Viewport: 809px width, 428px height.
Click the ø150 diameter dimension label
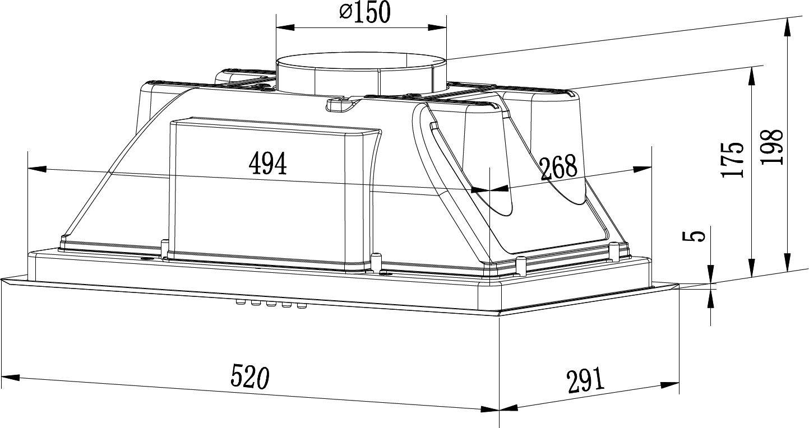[x=365, y=12]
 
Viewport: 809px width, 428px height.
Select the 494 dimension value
[x=267, y=163]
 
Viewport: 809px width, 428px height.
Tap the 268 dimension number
[x=558, y=167]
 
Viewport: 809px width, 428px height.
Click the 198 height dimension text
[x=771, y=147]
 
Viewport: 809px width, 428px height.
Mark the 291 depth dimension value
[x=585, y=381]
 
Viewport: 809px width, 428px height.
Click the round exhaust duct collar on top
[x=361, y=74]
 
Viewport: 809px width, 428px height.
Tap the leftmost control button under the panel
[x=240, y=302]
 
